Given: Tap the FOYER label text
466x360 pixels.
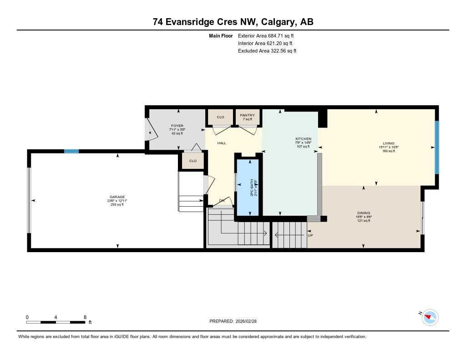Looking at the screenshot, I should point(177,126).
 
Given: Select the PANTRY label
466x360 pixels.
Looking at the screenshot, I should point(248,115).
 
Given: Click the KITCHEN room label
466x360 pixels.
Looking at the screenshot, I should point(303,139).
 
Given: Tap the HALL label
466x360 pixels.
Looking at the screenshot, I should point(222,143).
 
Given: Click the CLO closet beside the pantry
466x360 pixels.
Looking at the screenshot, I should point(220,117).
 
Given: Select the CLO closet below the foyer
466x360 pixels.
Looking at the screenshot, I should point(192,161).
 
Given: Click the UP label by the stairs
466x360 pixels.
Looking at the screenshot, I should point(310,235).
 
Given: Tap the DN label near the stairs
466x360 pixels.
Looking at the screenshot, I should point(222,200).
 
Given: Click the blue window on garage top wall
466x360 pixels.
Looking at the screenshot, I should point(71,151).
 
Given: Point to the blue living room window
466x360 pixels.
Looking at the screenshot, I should point(436,147).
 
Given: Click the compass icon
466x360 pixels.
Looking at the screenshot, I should point(429,317).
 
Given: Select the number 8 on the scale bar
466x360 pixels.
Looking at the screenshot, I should point(85,317).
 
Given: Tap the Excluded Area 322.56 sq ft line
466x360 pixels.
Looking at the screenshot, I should point(267,51).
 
